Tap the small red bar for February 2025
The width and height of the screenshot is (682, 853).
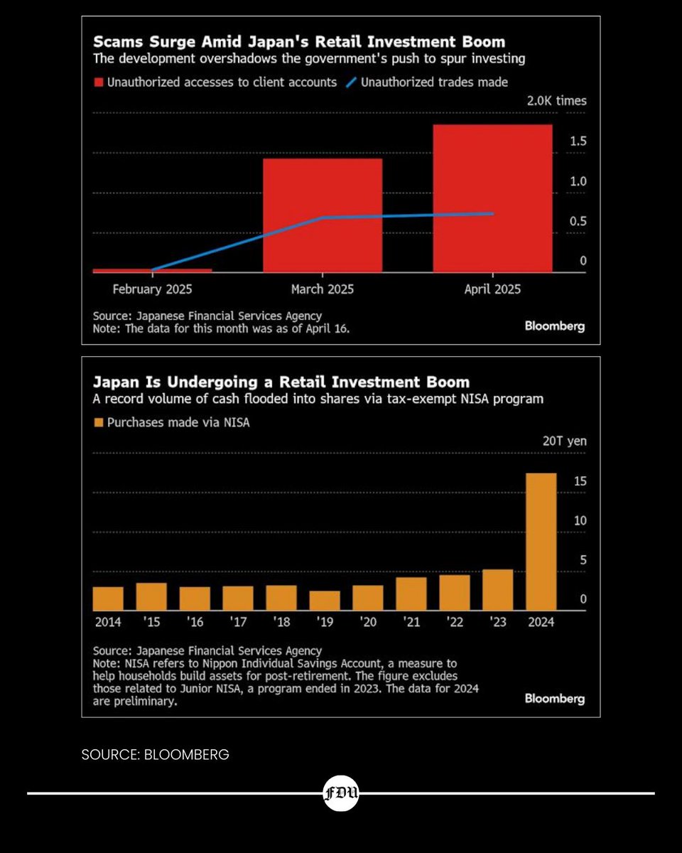pos(152,270)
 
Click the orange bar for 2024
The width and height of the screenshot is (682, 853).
pos(541,542)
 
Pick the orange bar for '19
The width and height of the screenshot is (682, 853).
pos(325,601)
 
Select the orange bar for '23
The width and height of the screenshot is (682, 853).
pos(497,589)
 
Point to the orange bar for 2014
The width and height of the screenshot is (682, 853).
pos(108,599)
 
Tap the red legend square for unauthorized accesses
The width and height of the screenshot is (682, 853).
pos(98,82)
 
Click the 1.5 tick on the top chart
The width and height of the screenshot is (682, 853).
pos(578,141)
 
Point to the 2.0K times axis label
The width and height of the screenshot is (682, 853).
pos(556,101)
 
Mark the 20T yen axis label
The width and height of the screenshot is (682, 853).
pos(565,441)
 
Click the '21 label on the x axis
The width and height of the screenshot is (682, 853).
pos(411,622)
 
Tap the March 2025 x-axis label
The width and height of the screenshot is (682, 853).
pos(323,289)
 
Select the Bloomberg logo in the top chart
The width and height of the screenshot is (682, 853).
pos(555,326)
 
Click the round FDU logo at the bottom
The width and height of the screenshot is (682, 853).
pos(341,793)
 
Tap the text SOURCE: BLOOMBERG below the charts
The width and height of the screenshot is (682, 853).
pos(156,755)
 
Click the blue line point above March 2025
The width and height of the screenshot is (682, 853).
pos(323,218)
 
